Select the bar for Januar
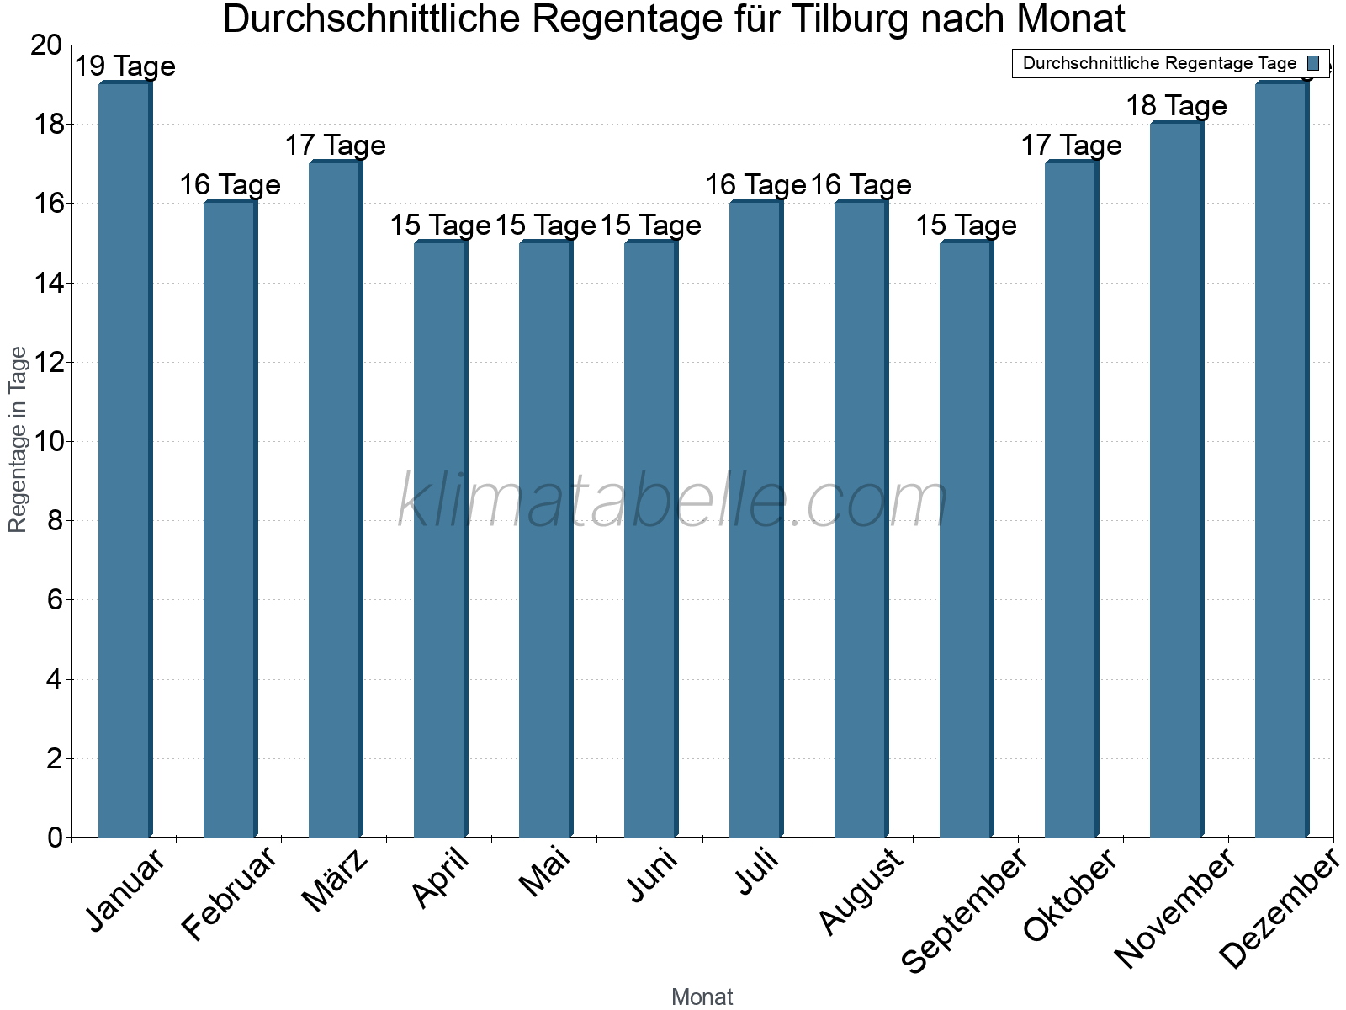click(125, 460)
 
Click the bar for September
click(966, 540)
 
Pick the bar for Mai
click(545, 540)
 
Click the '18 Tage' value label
click(1176, 106)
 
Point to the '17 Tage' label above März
click(335, 146)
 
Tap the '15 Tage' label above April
click(440, 226)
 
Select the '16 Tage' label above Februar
click(230, 185)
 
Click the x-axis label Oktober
click(1070, 896)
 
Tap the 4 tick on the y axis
click(55, 679)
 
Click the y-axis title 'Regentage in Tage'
click(18, 439)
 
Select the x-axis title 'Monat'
click(702, 997)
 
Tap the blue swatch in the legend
click(1313, 63)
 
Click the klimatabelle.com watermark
click(673, 501)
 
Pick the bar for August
click(861, 519)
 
